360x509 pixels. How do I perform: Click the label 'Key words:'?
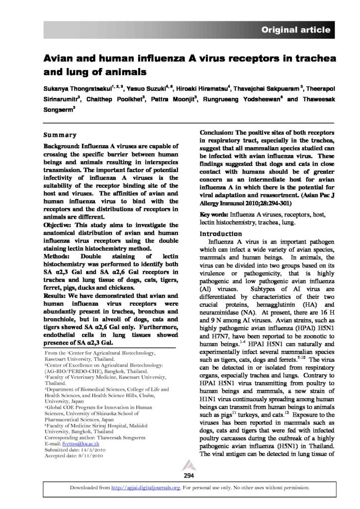pyautogui.click(x=213, y=214)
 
